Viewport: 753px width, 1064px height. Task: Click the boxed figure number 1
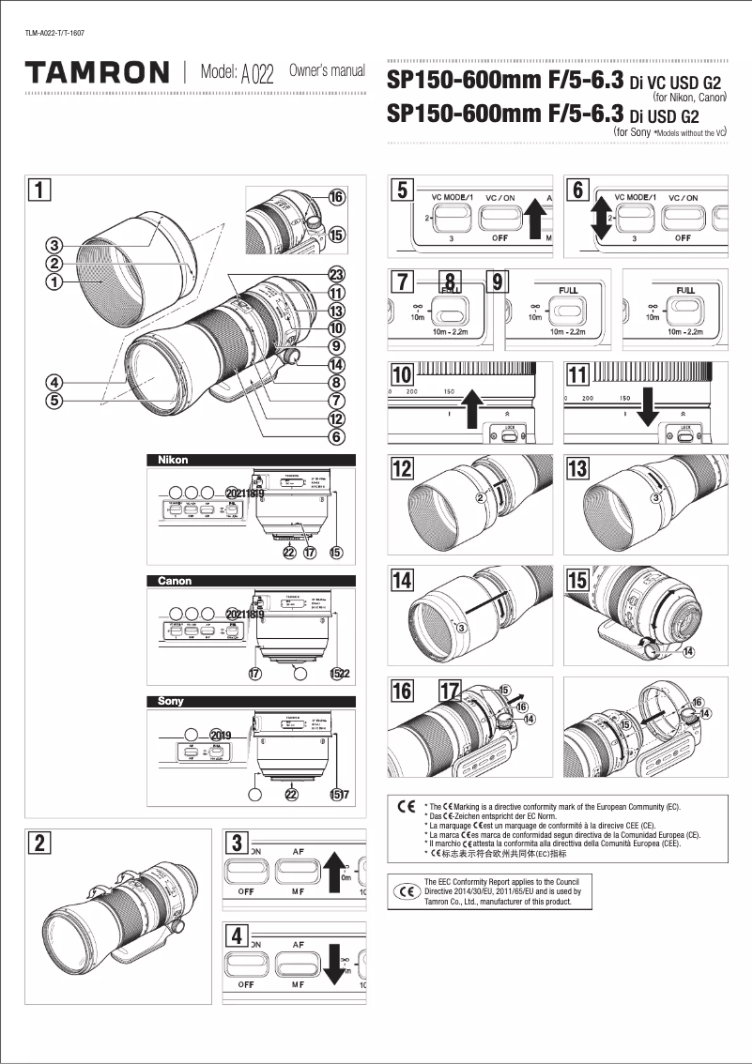point(38,190)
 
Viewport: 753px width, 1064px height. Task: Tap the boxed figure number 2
point(38,843)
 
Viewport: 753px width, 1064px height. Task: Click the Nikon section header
point(251,460)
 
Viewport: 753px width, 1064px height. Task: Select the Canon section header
point(251,581)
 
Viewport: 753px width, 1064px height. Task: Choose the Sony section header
point(251,701)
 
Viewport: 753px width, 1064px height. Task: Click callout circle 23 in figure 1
point(335,274)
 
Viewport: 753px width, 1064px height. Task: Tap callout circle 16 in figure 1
point(336,197)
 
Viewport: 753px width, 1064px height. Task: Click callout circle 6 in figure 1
point(335,435)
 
